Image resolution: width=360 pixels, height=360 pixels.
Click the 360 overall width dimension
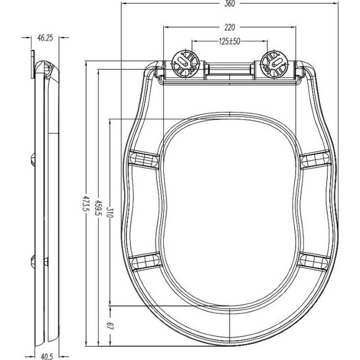(229, 4)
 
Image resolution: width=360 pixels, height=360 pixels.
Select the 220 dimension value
(229, 27)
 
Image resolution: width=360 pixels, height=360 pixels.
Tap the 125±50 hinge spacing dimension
(229, 41)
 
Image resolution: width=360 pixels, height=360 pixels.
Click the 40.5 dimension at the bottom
(46, 356)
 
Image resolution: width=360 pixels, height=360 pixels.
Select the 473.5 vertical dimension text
(86, 206)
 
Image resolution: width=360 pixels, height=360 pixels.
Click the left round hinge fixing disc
(185, 62)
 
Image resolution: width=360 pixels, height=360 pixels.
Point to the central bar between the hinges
(229, 69)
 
